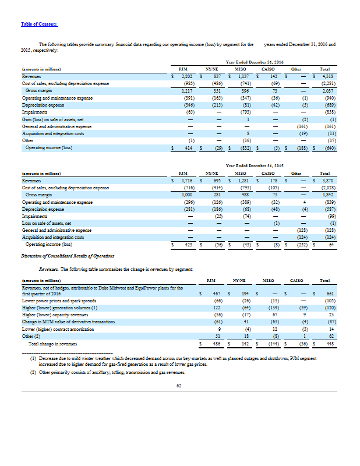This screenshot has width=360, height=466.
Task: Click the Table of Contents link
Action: (40, 23)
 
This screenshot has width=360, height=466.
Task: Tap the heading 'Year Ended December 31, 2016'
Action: (254, 62)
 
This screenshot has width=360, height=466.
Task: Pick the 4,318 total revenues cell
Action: (325, 76)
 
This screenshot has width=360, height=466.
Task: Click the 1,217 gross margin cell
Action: (186, 91)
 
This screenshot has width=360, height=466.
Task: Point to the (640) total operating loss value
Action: (326, 149)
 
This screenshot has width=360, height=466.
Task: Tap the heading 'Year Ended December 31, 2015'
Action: (254, 165)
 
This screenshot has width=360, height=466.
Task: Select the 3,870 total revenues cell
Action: (325, 179)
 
